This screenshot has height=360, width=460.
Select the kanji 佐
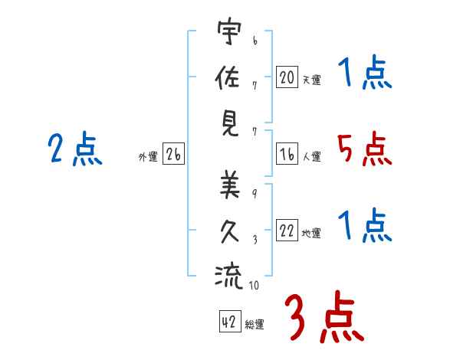(x=228, y=77)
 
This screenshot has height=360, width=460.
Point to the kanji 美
(x=230, y=184)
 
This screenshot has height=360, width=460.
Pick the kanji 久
(x=230, y=231)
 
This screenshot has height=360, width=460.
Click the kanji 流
(x=228, y=277)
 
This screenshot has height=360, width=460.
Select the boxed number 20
(x=287, y=77)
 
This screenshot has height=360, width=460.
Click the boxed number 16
(x=287, y=154)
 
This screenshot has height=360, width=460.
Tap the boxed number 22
(x=287, y=230)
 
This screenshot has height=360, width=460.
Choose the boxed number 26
(x=173, y=154)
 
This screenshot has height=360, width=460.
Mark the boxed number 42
(x=230, y=322)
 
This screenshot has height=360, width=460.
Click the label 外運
(x=148, y=157)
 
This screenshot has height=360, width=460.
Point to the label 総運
(x=255, y=325)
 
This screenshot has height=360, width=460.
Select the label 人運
(x=312, y=156)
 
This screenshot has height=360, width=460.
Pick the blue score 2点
(x=75, y=149)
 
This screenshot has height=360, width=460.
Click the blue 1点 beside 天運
(x=365, y=71)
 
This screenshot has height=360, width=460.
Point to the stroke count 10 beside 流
(x=254, y=285)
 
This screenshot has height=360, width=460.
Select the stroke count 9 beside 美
(x=255, y=194)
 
